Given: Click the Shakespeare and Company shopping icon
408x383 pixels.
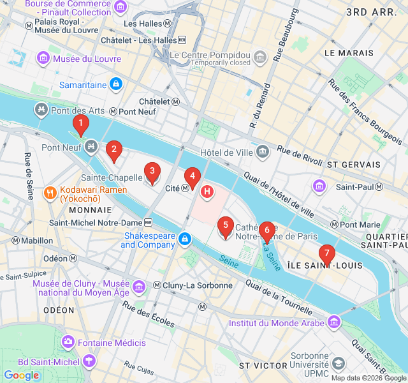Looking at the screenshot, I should click(184, 239).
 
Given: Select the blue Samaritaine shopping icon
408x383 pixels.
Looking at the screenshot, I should click(115, 84).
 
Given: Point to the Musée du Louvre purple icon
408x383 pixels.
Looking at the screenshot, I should click(43, 59).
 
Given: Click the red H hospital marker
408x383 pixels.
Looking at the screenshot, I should click(207, 191).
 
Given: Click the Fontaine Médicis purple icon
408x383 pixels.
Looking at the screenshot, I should click(68, 343).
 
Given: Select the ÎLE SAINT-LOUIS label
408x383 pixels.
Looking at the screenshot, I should click(324, 265).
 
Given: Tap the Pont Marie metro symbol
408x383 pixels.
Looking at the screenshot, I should click(334, 225).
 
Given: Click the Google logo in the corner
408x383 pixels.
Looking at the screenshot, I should click(22, 375).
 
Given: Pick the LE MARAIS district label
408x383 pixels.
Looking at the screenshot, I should click(348, 52).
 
